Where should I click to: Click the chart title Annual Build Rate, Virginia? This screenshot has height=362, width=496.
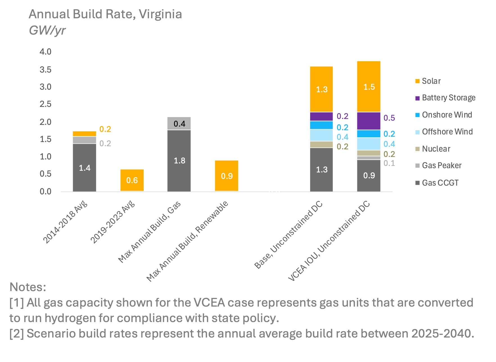tap(105, 14)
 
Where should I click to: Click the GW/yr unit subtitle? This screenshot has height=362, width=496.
tap(47, 30)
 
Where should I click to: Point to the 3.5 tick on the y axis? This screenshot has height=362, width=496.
tap(45, 69)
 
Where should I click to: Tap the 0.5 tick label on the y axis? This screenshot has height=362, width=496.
tap(45, 174)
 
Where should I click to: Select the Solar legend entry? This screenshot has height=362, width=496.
tap(431, 81)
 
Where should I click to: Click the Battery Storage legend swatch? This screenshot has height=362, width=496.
tap(417, 98)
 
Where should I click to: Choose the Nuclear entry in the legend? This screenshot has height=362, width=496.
tap(436, 149)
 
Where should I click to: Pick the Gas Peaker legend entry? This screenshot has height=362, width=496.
tap(441, 165)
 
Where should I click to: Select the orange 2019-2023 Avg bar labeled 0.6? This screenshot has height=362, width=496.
tap(132, 180)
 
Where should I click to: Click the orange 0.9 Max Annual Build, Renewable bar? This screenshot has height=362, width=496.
tap(227, 176)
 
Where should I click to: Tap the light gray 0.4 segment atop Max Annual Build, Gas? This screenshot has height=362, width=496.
tap(179, 123)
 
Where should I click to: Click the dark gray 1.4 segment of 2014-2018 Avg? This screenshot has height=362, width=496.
tap(84, 168)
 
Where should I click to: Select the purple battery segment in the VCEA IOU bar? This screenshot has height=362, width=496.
tap(369, 121)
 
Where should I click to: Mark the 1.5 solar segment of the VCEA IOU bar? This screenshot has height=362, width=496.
tap(369, 87)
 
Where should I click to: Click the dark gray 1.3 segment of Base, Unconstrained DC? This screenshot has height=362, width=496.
tap(321, 169)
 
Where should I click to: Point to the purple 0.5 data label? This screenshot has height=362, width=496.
tap(389, 118)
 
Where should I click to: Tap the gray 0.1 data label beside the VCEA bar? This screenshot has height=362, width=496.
tap(389, 163)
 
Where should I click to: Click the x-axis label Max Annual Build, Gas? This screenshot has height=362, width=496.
tap(149, 232)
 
